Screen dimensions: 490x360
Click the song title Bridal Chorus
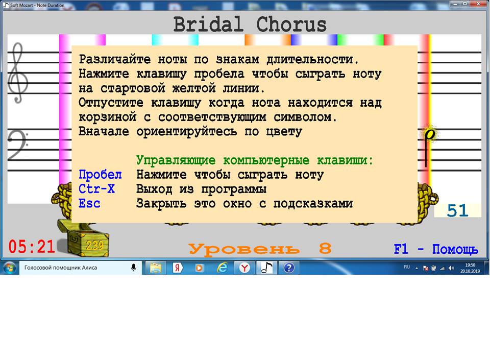[250, 25]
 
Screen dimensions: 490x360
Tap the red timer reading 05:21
[32, 247]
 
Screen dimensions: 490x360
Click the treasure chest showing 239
[83, 237]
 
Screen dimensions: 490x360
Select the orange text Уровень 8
[260, 249]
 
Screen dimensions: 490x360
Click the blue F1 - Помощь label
[436, 249]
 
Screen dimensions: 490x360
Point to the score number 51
[457, 210]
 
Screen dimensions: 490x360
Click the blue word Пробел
[100, 174]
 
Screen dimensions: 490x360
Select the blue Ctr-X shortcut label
[96, 189]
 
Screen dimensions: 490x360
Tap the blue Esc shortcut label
[89, 203]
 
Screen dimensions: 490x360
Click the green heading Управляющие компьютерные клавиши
[255, 160]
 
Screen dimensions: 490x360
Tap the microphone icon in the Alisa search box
[133, 268]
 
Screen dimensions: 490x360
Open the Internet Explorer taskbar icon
[222, 268]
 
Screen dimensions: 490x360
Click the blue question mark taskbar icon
[289, 268]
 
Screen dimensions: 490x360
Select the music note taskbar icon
[266, 268]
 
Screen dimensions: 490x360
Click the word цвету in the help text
[284, 132]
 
